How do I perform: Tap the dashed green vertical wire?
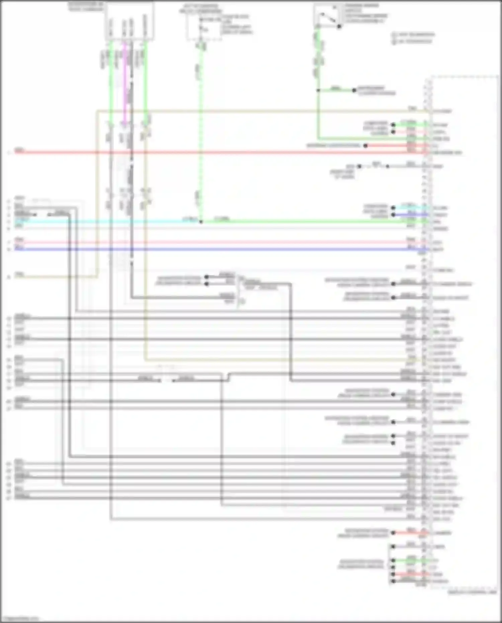click(201, 134)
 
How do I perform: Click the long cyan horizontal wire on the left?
click(100, 222)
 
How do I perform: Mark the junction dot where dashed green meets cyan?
click(201, 222)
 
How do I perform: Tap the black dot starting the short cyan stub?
click(393, 208)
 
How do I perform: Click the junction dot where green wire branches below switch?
click(318, 90)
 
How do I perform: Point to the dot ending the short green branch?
click(354, 90)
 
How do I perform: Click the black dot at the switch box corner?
click(339, 26)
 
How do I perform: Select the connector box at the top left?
click(130, 22)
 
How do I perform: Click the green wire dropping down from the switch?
click(318, 60)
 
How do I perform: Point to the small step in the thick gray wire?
click(229, 377)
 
